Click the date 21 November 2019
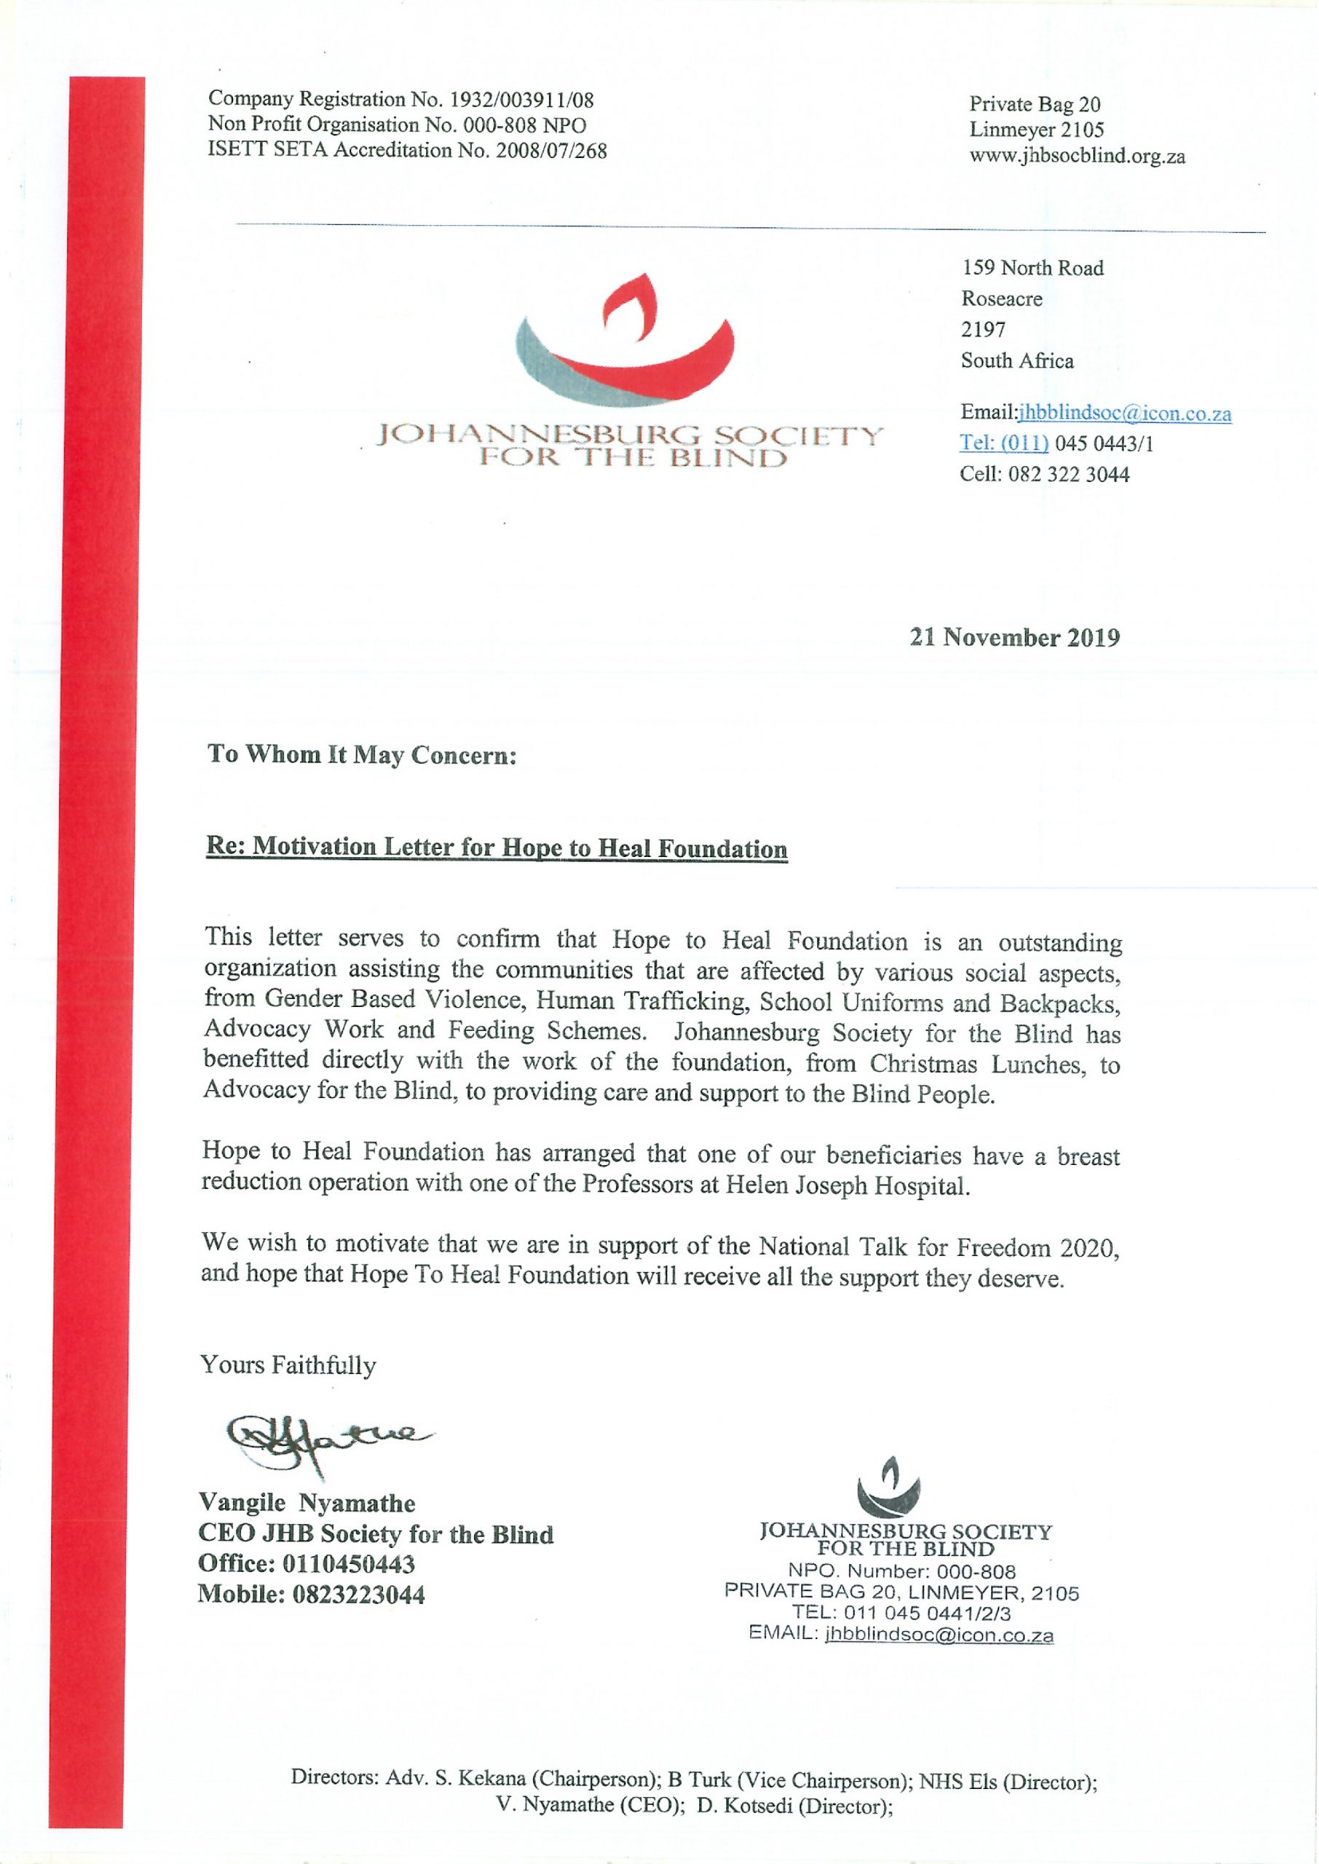click(1015, 637)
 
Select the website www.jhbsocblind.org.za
click(1077, 156)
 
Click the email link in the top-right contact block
click(1124, 414)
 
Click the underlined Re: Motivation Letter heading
click(496, 848)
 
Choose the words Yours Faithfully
click(288, 1365)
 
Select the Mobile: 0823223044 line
click(311, 1595)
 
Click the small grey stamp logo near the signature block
click(890, 1484)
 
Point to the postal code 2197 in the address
click(983, 330)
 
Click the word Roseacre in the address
click(1001, 299)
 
